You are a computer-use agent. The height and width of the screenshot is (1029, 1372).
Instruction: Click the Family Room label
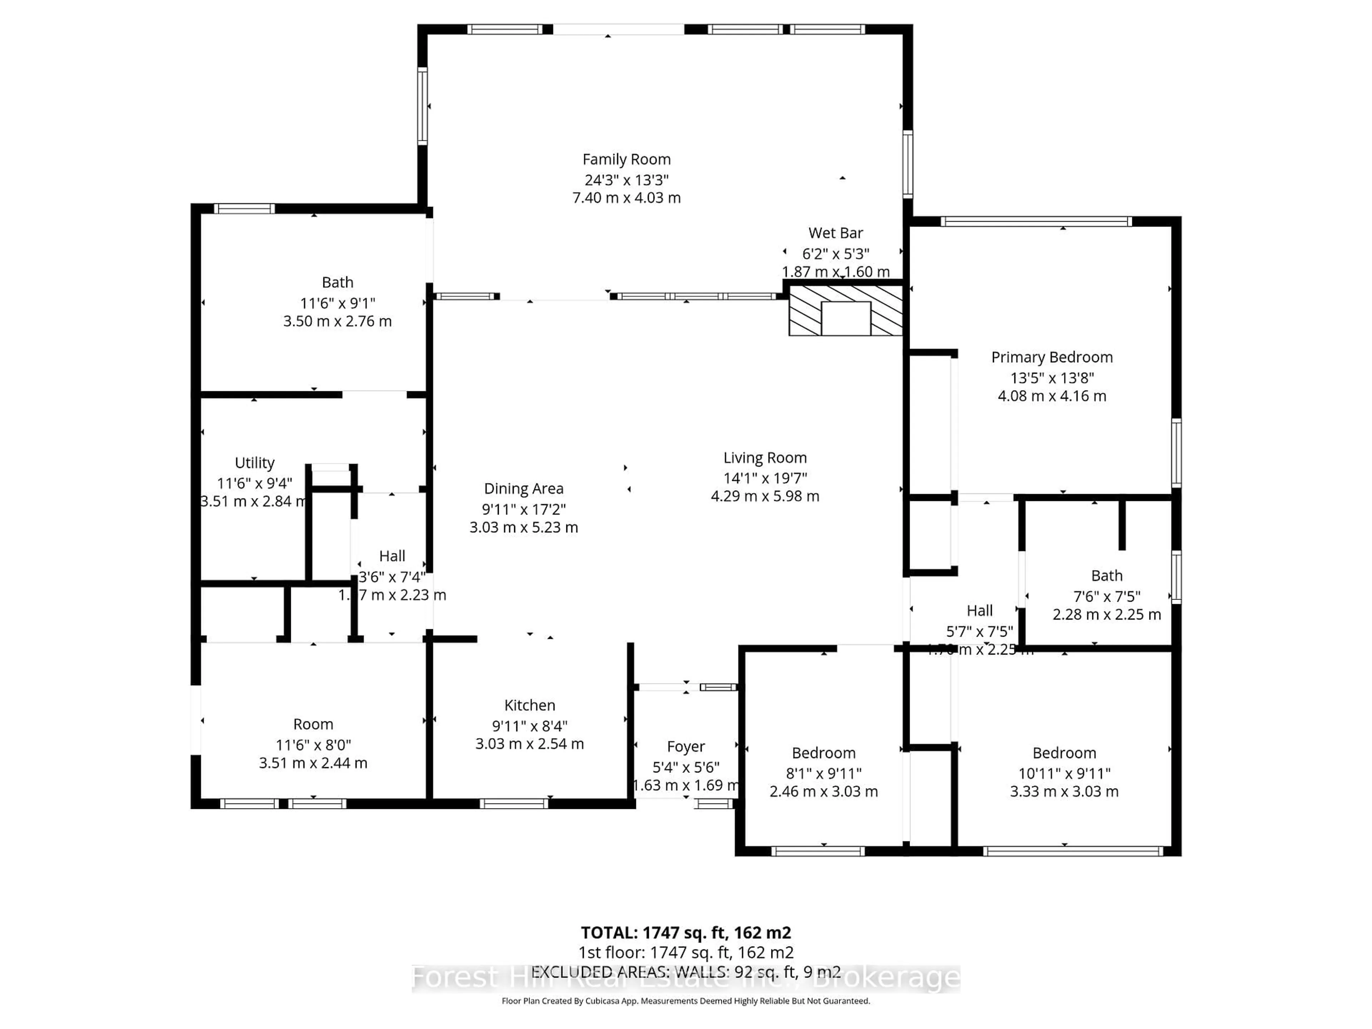(x=626, y=159)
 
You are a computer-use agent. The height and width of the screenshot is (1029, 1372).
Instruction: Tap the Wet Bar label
(x=835, y=233)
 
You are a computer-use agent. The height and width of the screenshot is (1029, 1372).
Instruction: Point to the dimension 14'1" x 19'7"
(x=764, y=478)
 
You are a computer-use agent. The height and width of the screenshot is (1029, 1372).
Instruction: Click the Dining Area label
(x=523, y=489)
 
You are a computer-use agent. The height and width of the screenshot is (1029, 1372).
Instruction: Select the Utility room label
(x=254, y=463)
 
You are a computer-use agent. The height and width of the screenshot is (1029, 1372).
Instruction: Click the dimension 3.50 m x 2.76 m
(x=337, y=321)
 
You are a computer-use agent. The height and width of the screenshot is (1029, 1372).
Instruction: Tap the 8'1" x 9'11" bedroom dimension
(x=823, y=774)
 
